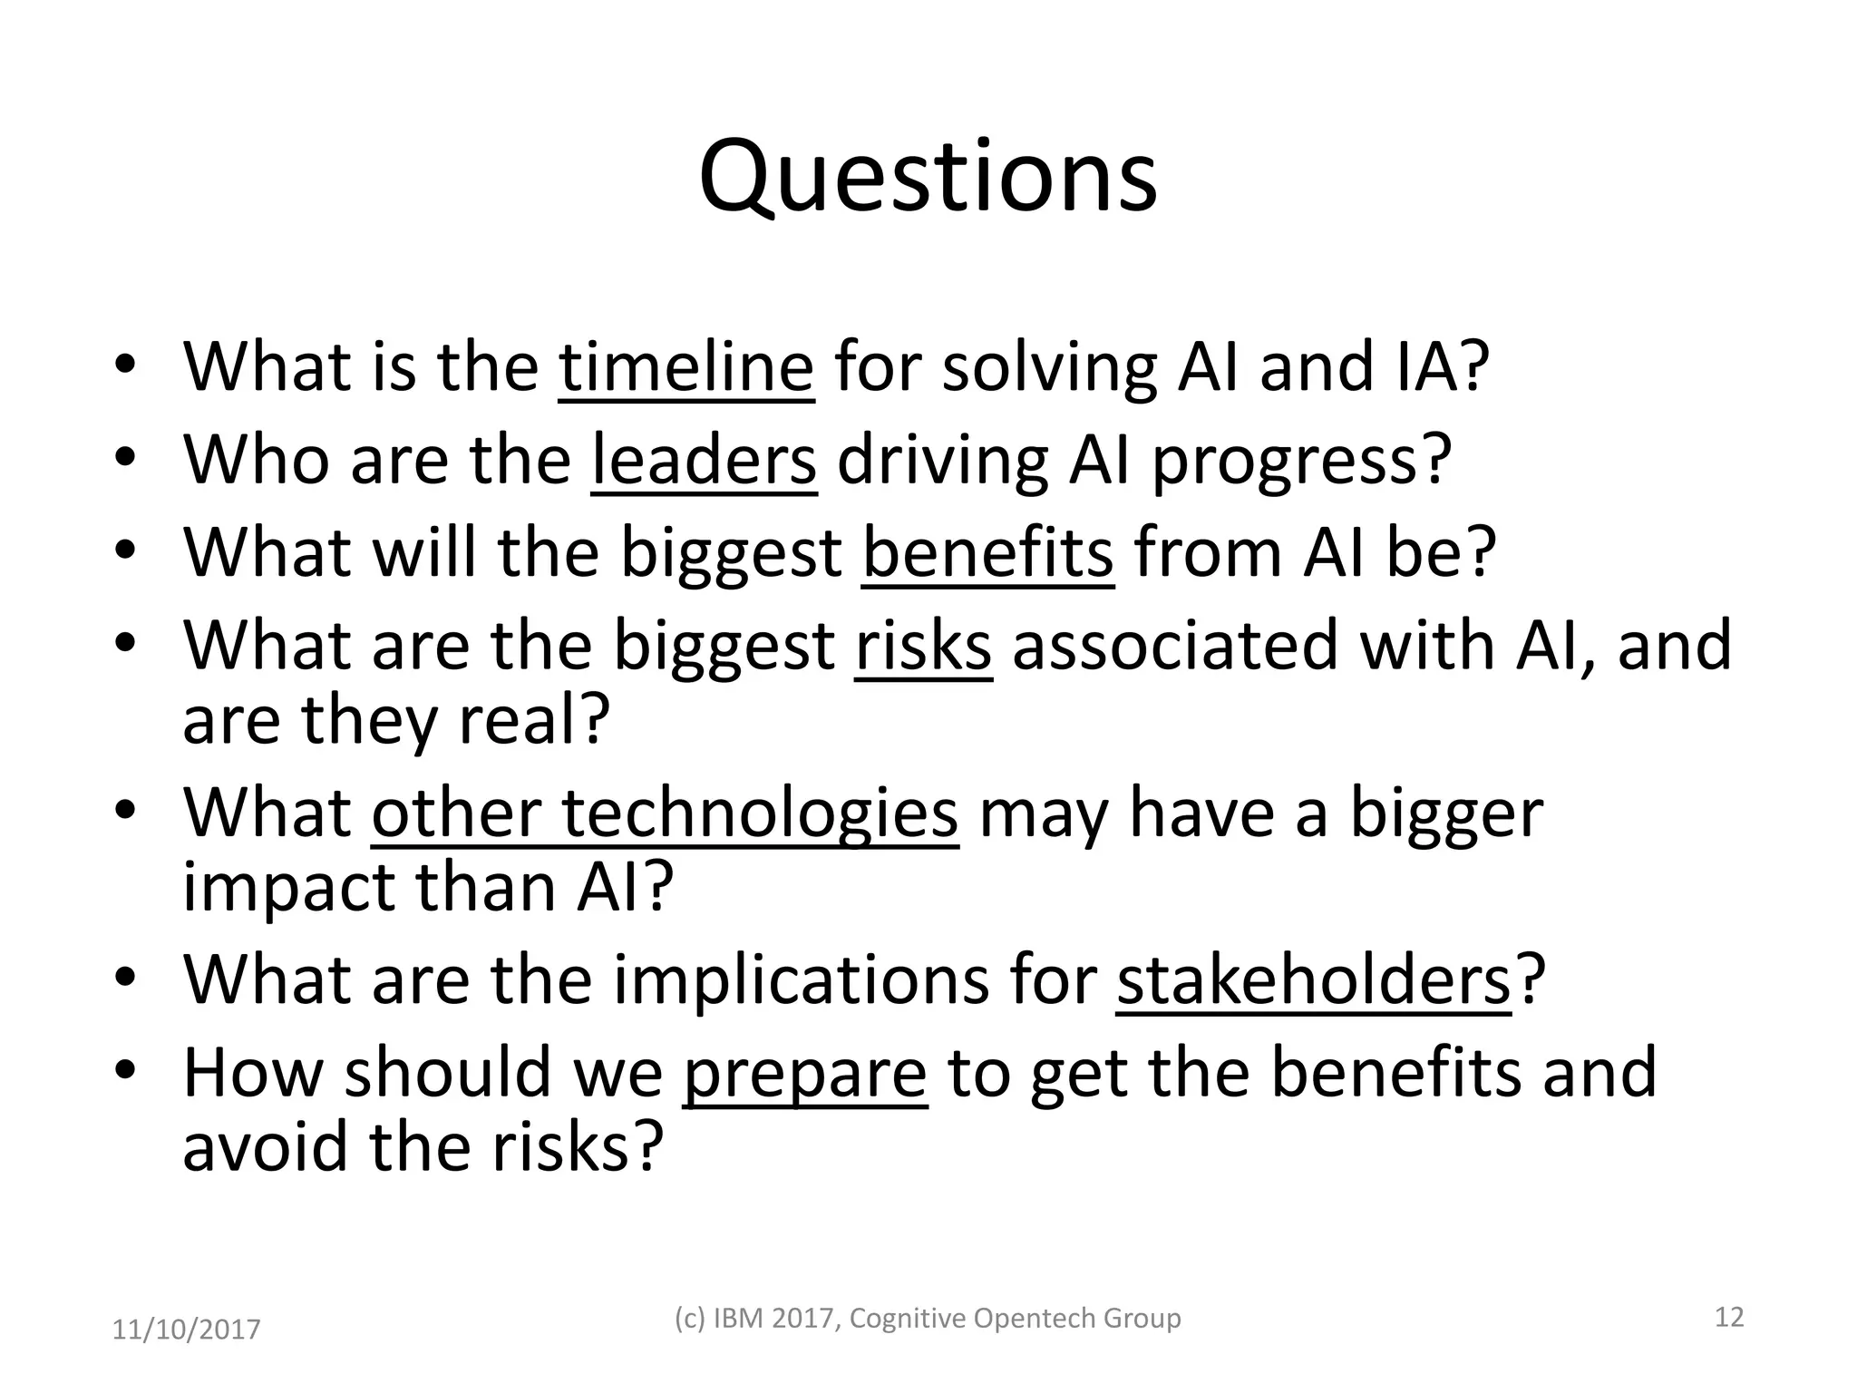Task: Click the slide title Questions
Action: point(928,177)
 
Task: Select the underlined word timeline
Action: point(686,366)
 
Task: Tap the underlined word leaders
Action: point(704,460)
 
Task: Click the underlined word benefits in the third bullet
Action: point(987,552)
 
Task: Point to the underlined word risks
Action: point(923,645)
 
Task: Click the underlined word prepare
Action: point(804,1073)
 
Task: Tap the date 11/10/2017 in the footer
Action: point(186,1330)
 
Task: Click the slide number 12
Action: point(1729,1317)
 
